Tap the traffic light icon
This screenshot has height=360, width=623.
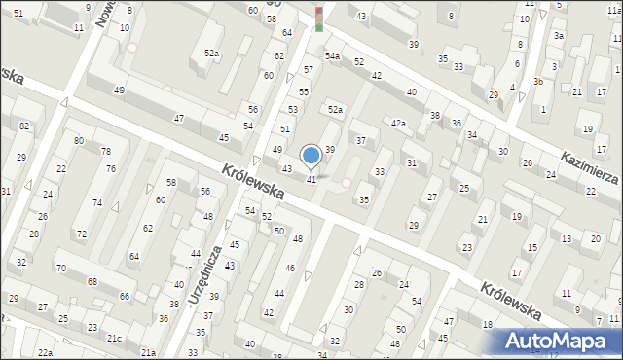pos(318,18)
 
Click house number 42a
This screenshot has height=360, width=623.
pos(398,123)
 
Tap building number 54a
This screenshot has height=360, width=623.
pos(332,56)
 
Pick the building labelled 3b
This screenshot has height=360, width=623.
pos(537,82)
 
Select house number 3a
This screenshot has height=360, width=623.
pos(559,36)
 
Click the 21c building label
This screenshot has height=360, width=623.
pos(115,338)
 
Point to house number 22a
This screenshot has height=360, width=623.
pos(45,351)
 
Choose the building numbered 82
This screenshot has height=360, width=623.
pos(23,127)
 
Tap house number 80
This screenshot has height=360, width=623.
pos(78,141)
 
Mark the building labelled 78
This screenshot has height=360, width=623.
pos(106,152)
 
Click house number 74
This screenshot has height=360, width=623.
pos(97,202)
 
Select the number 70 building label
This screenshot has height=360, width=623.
pos(61,268)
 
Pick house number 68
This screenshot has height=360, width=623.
pos(92,282)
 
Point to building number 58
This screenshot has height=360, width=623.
pos(170,183)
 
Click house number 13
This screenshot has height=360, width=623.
pos(567,238)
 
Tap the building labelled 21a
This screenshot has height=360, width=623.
pos(148,352)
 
